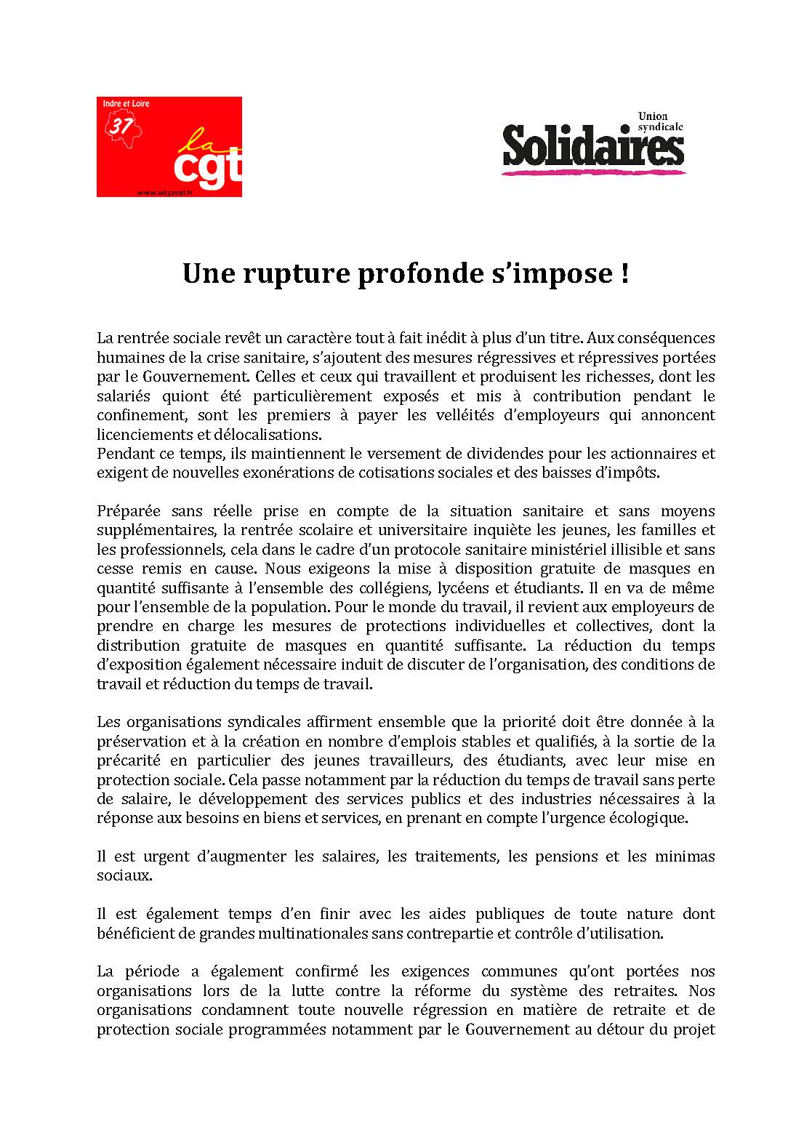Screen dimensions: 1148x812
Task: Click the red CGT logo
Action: [169, 147]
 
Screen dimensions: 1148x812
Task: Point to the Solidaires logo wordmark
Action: [592, 145]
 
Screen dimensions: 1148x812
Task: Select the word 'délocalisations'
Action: [273, 435]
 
